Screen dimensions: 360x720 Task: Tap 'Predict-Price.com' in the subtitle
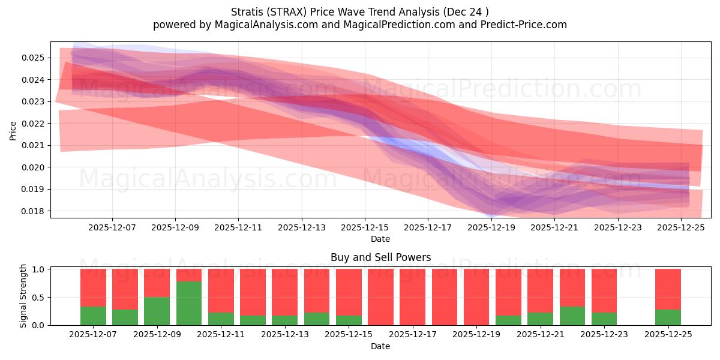coord(520,25)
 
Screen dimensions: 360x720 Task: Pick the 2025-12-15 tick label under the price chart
coord(365,228)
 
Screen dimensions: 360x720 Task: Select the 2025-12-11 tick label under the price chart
coord(238,228)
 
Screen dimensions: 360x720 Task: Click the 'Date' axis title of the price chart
coord(380,239)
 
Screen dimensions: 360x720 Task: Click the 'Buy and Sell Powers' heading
coord(380,257)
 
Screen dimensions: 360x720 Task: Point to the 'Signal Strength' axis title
coord(23,296)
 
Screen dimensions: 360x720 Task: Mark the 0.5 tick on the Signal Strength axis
coord(38,298)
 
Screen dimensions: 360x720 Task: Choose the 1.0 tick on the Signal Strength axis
coord(38,269)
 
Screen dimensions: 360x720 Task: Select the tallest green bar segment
coord(189,304)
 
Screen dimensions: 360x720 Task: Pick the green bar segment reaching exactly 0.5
coord(157,311)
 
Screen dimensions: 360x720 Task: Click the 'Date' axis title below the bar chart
coord(380,346)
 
